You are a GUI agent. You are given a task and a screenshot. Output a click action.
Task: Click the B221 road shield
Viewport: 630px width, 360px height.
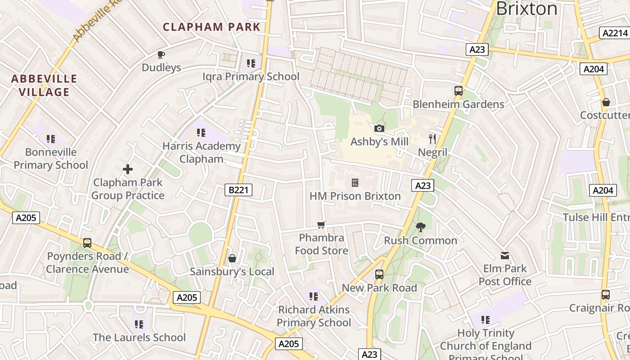pos(238,190)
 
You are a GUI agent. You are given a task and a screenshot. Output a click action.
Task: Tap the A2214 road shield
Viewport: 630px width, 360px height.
pos(615,33)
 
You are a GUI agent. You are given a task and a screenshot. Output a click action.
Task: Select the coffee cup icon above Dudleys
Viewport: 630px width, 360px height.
pos(161,55)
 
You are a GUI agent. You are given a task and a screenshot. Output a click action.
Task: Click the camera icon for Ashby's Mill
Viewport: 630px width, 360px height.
pos(379,129)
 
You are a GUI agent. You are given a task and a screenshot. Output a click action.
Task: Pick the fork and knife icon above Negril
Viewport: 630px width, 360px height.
pos(432,139)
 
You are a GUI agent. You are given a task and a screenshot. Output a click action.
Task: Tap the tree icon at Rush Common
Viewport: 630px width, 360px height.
pos(421,227)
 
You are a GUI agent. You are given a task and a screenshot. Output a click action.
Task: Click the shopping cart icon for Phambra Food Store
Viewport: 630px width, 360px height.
pos(321,225)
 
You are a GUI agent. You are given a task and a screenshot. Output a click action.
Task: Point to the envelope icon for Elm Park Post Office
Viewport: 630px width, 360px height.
pos(505,256)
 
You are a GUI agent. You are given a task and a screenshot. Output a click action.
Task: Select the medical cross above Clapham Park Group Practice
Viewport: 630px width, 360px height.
pos(128,169)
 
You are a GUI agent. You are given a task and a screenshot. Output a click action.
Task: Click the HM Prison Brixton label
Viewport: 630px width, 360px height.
pos(355,196)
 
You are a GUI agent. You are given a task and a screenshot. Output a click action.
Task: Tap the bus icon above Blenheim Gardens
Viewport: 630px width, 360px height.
pos(459,91)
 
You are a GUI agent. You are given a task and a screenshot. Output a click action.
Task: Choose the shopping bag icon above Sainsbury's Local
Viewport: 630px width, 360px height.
pos(232,258)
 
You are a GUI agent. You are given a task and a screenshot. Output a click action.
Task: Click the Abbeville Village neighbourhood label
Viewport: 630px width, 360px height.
pos(44,85)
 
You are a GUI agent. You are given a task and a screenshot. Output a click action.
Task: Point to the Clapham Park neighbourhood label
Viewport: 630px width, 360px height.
pos(211,27)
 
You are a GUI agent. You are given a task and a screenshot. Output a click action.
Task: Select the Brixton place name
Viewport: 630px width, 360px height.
pos(526,9)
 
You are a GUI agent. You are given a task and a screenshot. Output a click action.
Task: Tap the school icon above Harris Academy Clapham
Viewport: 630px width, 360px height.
pos(201,133)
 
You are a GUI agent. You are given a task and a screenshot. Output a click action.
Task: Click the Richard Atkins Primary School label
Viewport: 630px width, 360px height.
pos(314,316)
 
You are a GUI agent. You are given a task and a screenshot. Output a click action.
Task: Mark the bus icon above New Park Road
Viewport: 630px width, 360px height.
pos(379,274)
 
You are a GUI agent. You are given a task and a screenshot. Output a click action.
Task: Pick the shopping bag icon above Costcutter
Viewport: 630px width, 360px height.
pos(606,102)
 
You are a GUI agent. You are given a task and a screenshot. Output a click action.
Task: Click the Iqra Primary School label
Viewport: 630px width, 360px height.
pos(251,76)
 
